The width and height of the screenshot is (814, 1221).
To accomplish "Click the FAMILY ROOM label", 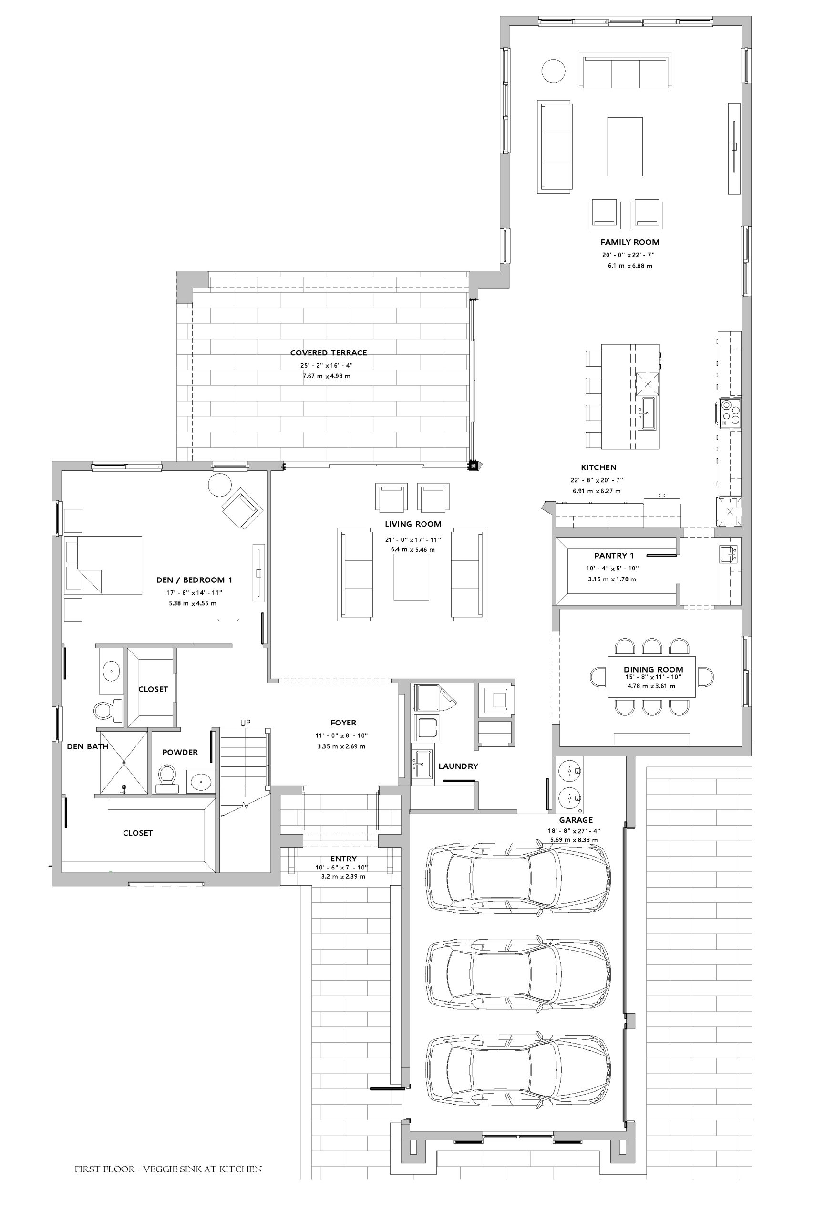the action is pos(630,242).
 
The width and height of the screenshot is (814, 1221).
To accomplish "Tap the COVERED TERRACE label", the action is pos(328,353).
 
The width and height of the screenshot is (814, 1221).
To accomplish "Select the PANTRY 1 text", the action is pos(614,556).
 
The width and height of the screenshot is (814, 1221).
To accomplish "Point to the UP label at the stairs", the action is pos(245,723).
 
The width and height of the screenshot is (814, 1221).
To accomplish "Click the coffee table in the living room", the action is pos(412,577).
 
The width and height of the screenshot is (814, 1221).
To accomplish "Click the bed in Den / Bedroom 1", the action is pos(103,565).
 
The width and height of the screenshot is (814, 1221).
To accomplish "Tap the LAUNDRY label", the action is pos(458,766).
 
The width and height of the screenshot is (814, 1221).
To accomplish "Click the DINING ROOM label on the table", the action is pos(653,670).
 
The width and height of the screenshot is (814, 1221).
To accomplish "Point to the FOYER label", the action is pos(343,723).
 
